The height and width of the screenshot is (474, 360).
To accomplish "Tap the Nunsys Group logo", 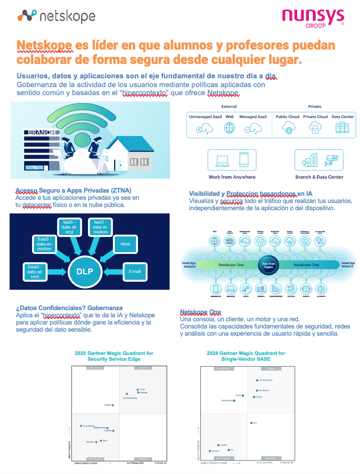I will point(313,18).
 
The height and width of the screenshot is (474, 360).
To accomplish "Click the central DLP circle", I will point(85,271).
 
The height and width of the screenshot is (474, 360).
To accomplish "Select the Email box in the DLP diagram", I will point(135,271).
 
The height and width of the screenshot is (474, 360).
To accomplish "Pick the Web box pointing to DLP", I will point(125,244).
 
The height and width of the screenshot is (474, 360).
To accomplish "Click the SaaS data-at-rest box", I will point(35,271).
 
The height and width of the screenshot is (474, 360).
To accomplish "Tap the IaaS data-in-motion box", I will point(100,227).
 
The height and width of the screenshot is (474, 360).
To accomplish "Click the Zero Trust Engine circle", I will point(268,265).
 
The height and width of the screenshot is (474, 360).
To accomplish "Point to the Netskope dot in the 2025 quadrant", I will point(138,392).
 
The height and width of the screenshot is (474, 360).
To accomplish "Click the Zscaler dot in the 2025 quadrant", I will point(137,389).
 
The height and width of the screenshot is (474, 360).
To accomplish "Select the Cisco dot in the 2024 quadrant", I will point(251,422).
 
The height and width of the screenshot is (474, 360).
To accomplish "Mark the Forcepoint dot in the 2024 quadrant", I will point(210,451).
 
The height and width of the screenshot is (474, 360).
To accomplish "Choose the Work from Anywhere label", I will point(232,177).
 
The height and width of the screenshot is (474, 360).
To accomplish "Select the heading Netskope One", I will point(200,312).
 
